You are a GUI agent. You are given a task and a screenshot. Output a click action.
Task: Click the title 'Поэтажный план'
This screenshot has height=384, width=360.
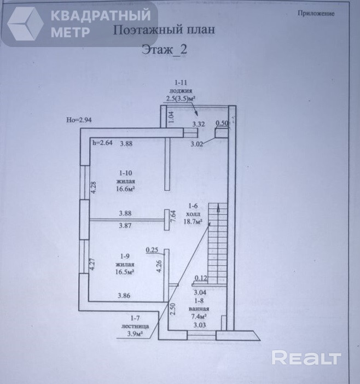point(163,30)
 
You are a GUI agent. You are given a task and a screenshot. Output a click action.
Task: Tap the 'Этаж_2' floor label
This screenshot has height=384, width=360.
point(164,49)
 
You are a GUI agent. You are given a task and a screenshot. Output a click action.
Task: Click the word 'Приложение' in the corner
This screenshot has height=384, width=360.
point(316,14)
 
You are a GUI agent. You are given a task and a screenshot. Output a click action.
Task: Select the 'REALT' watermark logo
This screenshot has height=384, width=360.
point(306,358)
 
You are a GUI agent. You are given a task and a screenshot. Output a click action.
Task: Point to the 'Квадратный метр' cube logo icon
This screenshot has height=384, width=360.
point(25,23)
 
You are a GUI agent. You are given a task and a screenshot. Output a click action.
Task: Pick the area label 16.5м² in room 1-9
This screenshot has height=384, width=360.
point(125,271)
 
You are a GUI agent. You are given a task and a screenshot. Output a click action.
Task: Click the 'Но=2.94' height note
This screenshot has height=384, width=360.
point(78,120)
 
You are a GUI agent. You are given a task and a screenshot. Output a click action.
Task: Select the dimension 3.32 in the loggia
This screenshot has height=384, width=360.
point(198,124)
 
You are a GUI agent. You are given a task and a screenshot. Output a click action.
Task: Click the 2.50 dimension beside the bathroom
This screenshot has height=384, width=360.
point(173,310)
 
